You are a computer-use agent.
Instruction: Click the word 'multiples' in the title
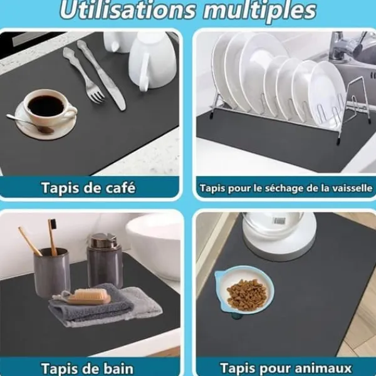point(259,11)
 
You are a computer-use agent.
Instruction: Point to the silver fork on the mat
point(83,75)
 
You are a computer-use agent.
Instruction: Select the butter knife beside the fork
point(102,75)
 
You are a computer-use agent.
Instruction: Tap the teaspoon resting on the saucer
point(29,123)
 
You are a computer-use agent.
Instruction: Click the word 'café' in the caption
point(120,187)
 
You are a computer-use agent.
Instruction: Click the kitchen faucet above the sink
point(340,45)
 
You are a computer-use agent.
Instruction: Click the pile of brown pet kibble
point(247,295)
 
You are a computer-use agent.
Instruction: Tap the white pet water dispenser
point(279,236)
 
